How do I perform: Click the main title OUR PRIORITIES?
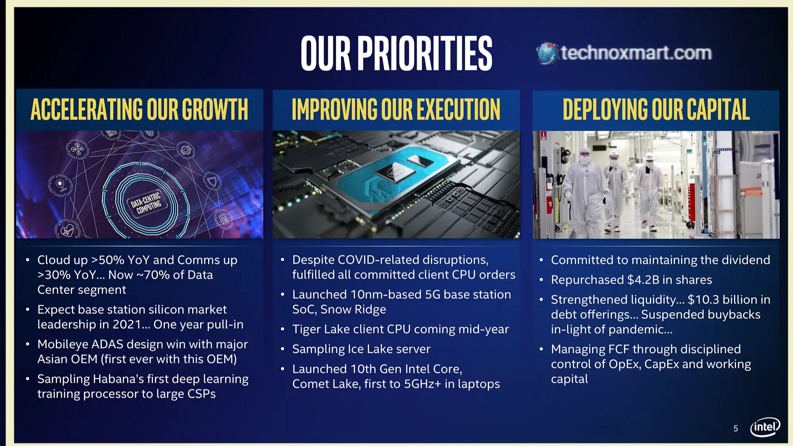[396, 53]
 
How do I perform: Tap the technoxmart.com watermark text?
[636, 53]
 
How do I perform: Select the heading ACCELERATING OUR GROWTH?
[140, 109]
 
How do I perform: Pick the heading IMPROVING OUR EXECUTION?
[396, 109]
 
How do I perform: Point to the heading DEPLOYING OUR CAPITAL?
[656, 109]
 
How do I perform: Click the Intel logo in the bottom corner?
[765, 427]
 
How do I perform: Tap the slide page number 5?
[736, 429]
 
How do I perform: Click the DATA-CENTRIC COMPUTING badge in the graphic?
[146, 202]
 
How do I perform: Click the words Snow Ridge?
[353, 309]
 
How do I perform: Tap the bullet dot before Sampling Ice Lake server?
[283, 349]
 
